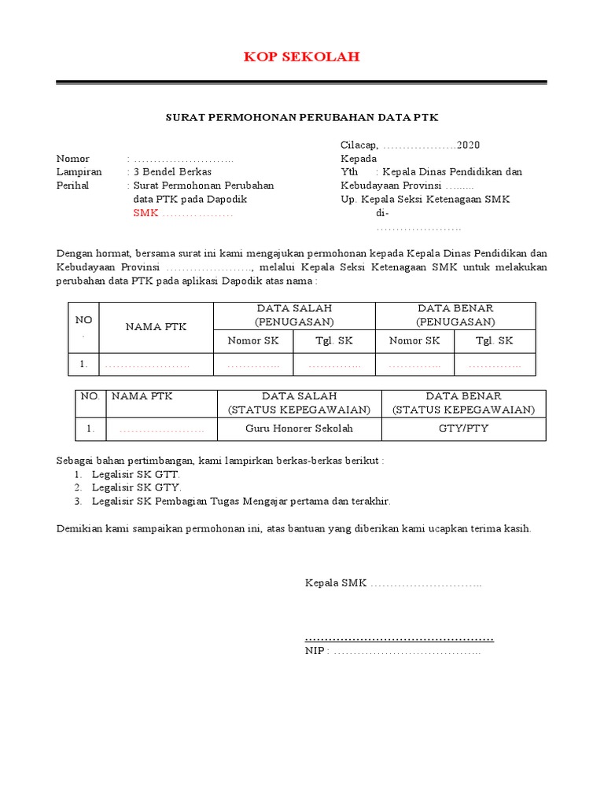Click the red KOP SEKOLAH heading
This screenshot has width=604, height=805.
point(301,57)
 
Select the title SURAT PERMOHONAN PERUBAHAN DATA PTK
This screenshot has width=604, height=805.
point(301,117)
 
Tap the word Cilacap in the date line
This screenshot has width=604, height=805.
point(359,145)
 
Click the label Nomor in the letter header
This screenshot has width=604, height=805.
point(73,159)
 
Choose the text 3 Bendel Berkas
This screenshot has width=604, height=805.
point(172,172)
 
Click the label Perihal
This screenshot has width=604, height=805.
point(73,186)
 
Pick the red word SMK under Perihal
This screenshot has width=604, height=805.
point(145,213)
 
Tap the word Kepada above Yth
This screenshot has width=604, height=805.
point(359,159)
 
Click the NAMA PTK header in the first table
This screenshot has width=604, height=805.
point(156,327)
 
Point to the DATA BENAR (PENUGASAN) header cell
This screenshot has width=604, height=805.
point(455,315)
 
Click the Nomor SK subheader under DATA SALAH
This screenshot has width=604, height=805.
point(253,341)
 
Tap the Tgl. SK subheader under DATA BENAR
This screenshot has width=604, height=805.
point(495,341)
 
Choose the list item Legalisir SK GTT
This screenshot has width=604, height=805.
point(136,475)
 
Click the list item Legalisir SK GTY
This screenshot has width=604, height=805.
point(137,487)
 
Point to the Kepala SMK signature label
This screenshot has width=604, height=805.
point(335,583)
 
